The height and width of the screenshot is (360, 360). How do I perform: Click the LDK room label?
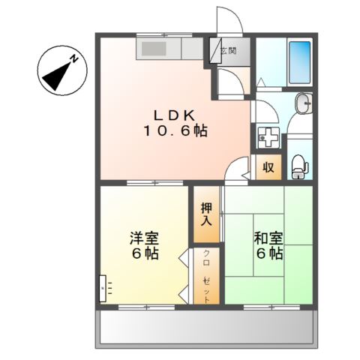[175, 115]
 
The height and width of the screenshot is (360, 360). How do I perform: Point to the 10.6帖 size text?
[175, 130]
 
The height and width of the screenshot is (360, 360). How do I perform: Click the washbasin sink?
[302, 103]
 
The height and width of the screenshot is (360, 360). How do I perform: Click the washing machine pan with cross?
[268, 137]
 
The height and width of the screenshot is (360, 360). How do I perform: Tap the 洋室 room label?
[144, 238]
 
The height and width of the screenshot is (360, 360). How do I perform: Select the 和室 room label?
[268, 238]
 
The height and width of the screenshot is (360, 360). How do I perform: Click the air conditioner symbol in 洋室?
[104, 286]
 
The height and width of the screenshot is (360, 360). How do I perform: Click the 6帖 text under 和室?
[268, 253]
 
